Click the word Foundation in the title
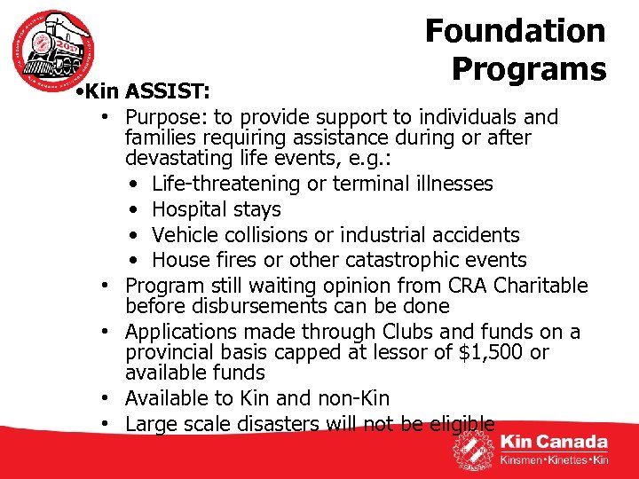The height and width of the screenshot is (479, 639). tap(515, 31)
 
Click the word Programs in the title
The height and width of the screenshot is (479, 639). tap(528, 68)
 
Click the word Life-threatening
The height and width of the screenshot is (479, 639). tap(223, 184)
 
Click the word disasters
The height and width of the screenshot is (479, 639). tap(276, 424)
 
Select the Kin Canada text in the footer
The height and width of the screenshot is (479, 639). tap(554, 442)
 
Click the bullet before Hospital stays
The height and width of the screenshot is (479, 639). tap(131, 210)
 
